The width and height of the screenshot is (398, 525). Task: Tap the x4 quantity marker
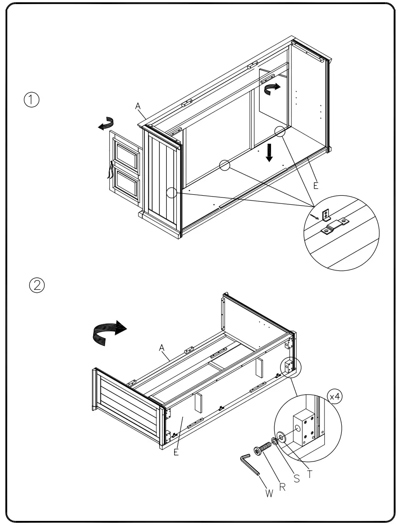pyautogui.click(x=335, y=396)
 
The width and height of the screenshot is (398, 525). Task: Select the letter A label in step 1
pyautogui.click(x=137, y=106)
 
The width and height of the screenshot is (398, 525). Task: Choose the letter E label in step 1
pyautogui.click(x=315, y=186)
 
